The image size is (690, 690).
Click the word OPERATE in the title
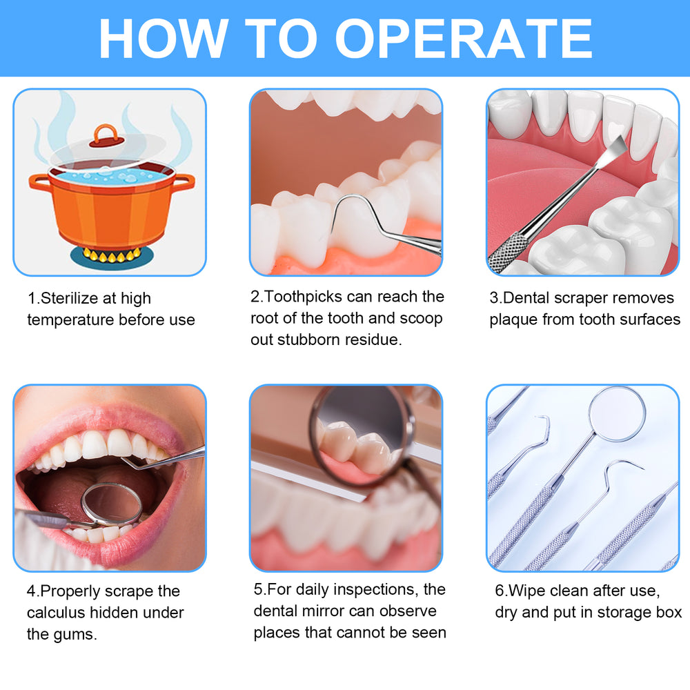pyautogui.click(x=464, y=38)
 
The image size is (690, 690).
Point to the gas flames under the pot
pyautogui.click(x=112, y=255)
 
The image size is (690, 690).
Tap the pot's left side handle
pyautogui.click(x=40, y=183)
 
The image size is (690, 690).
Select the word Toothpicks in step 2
pyautogui.click(x=303, y=297)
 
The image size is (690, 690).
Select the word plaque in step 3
pyautogui.click(x=513, y=320)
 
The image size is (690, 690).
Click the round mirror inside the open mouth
pyautogui.click(x=111, y=504)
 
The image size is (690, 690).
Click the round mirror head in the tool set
pyautogui.click(x=617, y=413)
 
